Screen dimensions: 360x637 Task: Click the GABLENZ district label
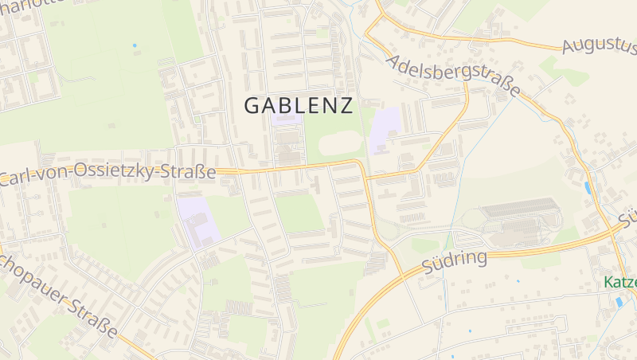click(299, 105)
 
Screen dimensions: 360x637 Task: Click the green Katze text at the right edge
click(619, 282)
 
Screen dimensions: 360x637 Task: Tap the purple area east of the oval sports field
click(385, 130)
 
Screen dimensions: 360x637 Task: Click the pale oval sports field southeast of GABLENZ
click(342, 144)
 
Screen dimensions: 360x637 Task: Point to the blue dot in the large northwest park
click(135, 45)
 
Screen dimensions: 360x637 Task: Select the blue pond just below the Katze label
click(619, 302)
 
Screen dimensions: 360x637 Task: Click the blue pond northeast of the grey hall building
click(588, 188)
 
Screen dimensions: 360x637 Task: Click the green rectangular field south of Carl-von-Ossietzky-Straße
click(299, 212)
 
